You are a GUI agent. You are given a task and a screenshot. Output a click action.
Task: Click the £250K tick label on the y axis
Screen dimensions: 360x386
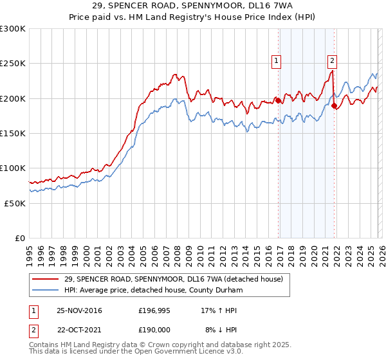tap(13, 64)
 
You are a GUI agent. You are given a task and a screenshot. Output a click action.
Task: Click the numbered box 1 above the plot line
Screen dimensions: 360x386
tap(276, 61)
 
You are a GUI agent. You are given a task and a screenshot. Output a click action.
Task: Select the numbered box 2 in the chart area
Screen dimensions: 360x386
tap(332, 61)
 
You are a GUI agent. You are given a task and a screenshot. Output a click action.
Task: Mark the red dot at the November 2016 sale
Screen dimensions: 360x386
tap(279, 100)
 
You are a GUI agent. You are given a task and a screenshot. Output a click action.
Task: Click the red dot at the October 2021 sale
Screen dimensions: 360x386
tap(335, 106)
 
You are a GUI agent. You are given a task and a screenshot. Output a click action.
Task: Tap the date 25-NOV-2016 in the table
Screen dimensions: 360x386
tap(79, 310)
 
